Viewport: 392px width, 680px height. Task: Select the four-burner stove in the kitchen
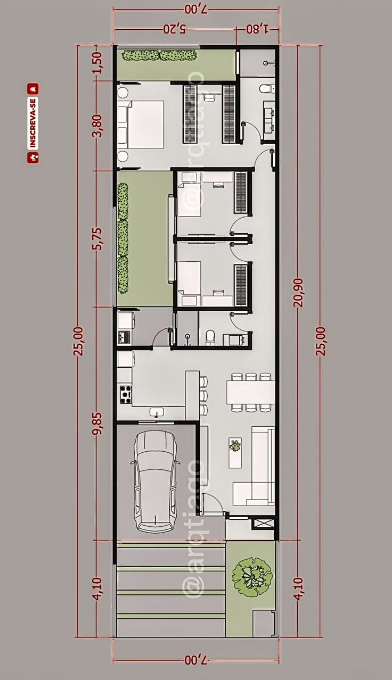pyautogui.click(x=125, y=393)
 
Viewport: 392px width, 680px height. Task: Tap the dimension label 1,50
pyautogui.click(x=97, y=63)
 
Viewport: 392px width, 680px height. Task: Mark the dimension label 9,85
pyautogui.click(x=97, y=424)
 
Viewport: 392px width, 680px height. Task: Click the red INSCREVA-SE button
pyautogui.click(x=33, y=122)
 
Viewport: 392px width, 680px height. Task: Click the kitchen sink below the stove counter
pyautogui.click(x=157, y=411)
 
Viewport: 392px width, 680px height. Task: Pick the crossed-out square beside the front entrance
pyautogui.click(x=264, y=523)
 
